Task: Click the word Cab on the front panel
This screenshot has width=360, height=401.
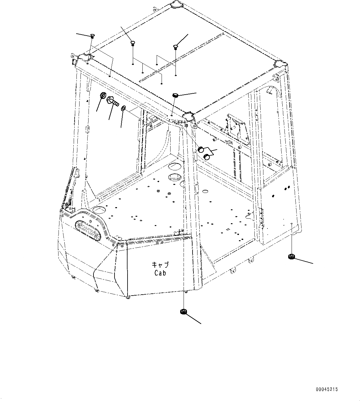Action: [160, 273]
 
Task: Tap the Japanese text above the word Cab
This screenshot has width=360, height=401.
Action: [160, 265]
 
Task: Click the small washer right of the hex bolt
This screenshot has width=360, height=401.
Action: [123, 108]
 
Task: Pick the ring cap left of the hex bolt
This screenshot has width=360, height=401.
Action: [103, 96]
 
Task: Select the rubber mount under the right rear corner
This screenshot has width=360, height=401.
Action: [291, 256]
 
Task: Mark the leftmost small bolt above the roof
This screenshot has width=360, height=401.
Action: [92, 36]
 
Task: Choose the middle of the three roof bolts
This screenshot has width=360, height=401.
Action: [132, 43]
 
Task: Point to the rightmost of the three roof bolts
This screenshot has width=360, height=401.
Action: [176, 47]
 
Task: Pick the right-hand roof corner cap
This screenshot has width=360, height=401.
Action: [280, 64]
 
